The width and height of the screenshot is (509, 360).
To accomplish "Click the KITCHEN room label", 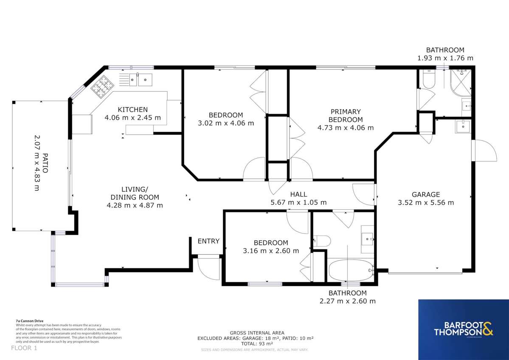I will click(132, 110).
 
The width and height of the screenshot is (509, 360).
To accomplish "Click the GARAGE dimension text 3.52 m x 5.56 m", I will click(425, 202).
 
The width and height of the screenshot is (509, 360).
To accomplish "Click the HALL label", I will click(298, 194).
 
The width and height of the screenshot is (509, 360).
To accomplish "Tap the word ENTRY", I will click(208, 241).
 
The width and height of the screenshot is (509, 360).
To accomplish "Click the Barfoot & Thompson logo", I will click(463, 329).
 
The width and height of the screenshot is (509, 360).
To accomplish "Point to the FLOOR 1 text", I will click(24, 348).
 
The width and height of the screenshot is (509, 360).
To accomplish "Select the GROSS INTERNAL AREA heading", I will click(257, 332).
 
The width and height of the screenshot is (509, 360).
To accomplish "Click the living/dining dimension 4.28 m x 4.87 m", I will click(135, 205).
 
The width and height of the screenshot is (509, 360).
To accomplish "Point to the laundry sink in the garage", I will click(462, 126).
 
